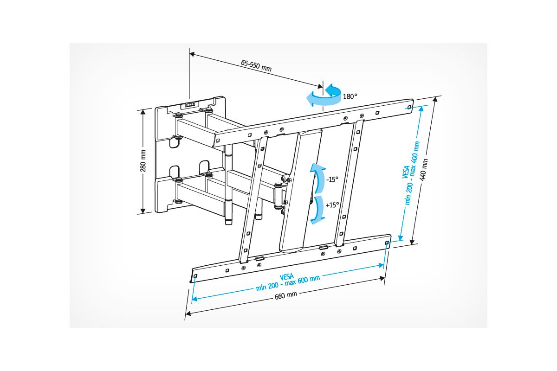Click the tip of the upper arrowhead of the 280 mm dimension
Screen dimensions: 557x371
[143, 109]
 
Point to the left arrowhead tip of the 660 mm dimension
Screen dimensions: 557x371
[186, 314]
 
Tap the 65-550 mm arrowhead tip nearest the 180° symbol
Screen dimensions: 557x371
[323, 87]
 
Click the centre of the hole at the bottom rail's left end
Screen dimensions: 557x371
[195, 276]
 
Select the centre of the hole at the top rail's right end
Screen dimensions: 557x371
[409, 107]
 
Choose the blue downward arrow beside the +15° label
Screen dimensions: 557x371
[318, 210]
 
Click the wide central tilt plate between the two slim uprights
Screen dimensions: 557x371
[300, 191]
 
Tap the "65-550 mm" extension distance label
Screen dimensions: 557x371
[256, 65]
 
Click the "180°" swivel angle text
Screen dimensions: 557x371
[350, 96]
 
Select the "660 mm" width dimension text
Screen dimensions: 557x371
[286, 295]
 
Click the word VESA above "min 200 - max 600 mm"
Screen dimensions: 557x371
[287, 276]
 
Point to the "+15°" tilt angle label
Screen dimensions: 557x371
[332, 205]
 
